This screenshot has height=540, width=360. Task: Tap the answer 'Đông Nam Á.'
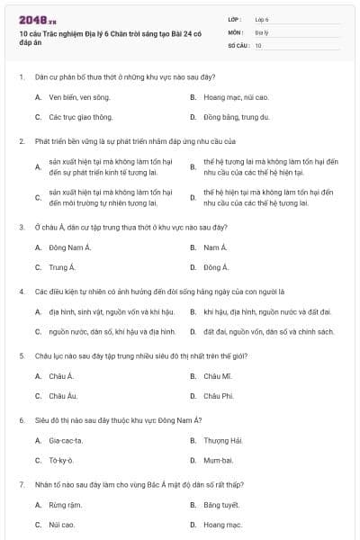point(70,247)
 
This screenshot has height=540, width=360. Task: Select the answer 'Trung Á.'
point(61,267)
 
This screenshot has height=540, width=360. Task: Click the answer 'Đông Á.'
point(216,267)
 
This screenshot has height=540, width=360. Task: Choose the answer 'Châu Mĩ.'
point(218,375)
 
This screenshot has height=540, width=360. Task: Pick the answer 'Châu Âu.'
point(63,396)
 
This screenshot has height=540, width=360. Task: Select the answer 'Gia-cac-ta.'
point(66,440)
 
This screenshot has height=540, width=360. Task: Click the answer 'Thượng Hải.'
point(223,440)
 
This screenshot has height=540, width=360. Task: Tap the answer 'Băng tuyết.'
point(221,504)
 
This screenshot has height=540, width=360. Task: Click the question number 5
point(22,355)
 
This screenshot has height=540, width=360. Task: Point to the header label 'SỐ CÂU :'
point(238,44)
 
